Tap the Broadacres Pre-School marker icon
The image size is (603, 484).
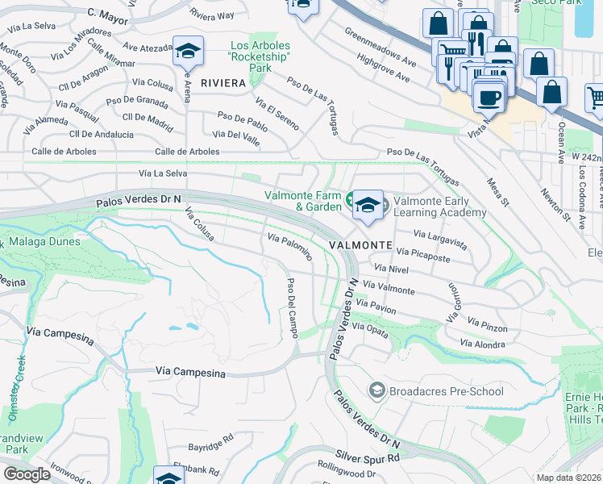pos(376,391)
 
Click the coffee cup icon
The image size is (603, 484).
pos(487,98)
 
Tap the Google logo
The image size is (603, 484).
pos(27,474)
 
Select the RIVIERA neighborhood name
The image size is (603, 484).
pos(223,83)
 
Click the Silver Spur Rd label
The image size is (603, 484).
pos(371,458)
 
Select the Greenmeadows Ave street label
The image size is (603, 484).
pos(380,48)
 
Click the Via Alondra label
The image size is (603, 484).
pos(482,344)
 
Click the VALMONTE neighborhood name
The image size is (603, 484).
pos(360,244)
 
